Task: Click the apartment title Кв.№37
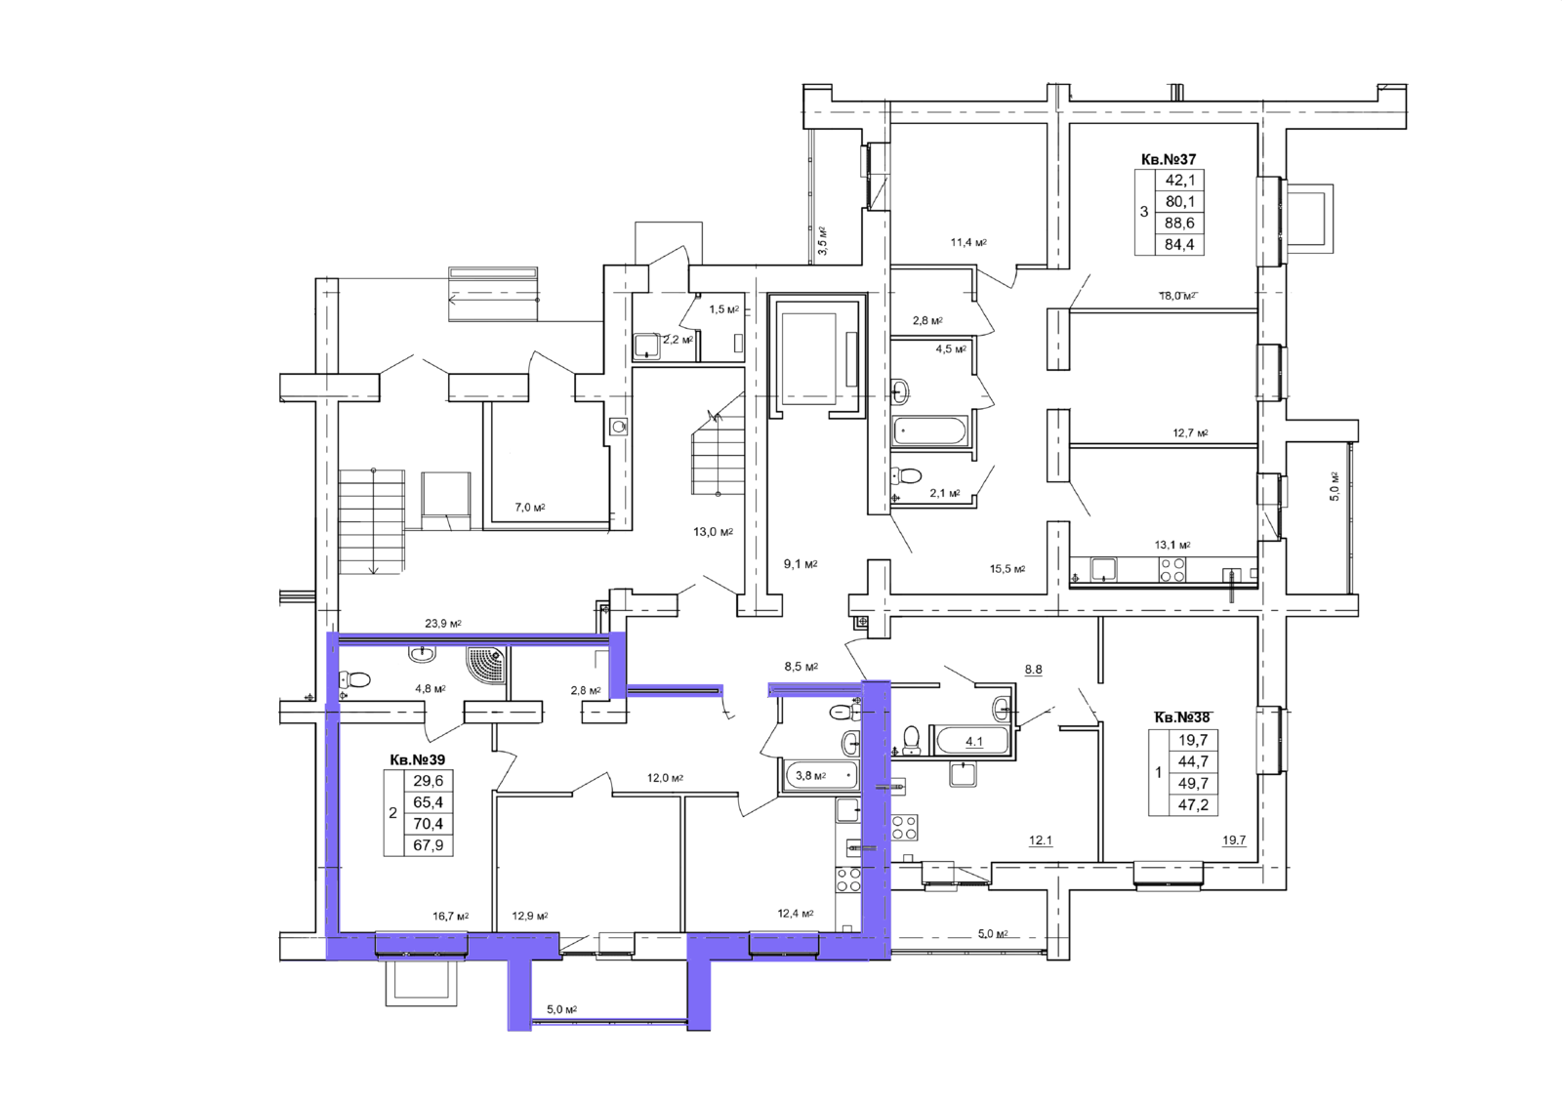pos(1168,160)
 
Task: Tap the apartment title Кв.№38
pos(1182,716)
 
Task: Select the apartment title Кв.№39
pos(417,759)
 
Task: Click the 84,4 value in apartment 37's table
pos(1180,245)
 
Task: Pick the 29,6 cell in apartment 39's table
pos(429,781)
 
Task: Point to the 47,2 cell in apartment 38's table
pos(1193,806)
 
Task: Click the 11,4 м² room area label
pos(968,243)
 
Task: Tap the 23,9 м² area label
pos(443,624)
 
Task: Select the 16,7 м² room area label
pos(450,917)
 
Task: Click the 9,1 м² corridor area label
pos(800,564)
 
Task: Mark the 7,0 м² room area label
pos(529,508)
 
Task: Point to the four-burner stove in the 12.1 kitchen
pos(905,829)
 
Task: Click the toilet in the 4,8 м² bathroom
pos(354,678)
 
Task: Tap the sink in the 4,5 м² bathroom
pos(900,390)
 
